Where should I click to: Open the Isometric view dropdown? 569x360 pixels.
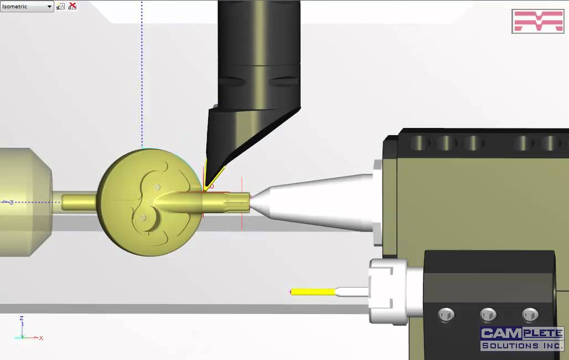click(50, 7)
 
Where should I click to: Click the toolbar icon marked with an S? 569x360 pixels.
click(60, 6)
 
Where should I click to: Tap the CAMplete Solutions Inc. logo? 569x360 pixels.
click(521, 338)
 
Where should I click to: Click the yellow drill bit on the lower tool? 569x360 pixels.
click(313, 292)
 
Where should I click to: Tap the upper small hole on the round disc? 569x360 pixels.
click(158, 187)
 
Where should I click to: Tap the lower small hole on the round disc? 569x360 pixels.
click(143, 218)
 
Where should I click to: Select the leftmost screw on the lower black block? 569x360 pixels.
click(446, 315)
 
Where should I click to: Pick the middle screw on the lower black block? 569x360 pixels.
click(488, 315)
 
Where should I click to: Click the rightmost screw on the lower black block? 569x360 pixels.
click(530, 315)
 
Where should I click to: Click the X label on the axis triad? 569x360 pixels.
click(42, 338)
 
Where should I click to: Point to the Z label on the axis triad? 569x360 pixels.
click(21, 318)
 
